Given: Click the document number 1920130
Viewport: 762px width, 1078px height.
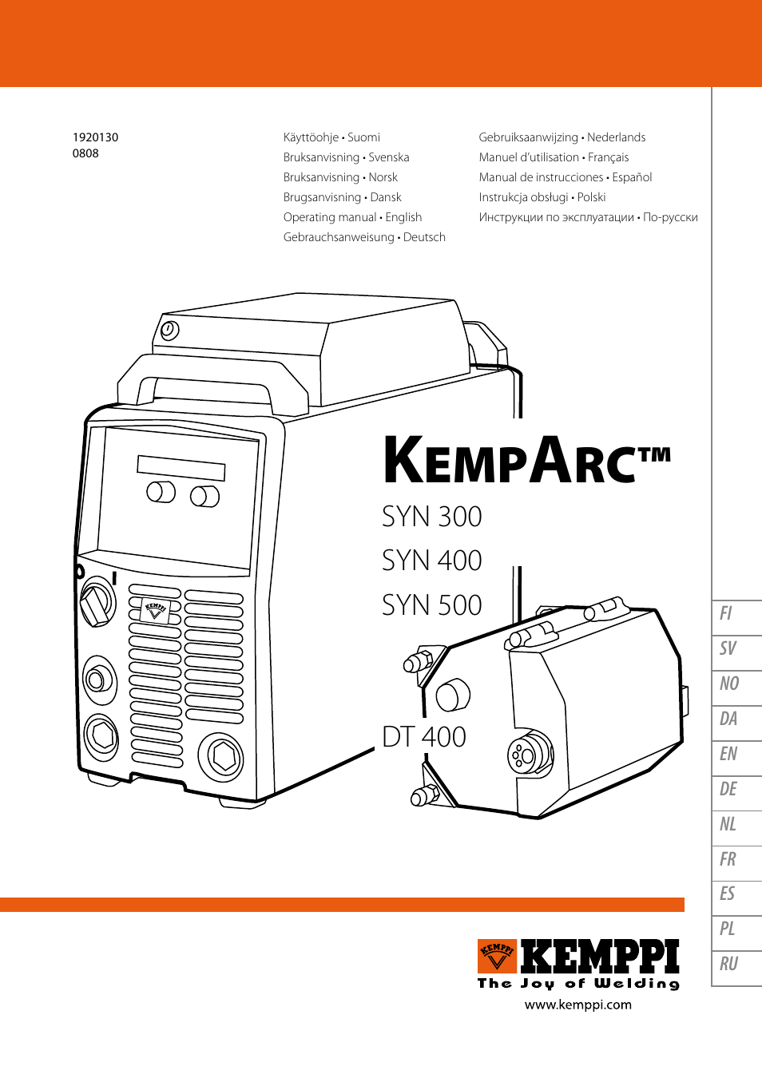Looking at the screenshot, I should click(x=95, y=137).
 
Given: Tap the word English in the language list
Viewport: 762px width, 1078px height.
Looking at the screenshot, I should click(x=403, y=217).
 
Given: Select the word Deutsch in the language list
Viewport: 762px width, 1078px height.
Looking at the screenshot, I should click(x=424, y=237).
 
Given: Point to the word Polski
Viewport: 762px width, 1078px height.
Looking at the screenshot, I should click(x=591, y=197).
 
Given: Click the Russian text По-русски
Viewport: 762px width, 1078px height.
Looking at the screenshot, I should click(x=670, y=217).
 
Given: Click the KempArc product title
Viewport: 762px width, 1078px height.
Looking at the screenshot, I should click(x=526, y=461).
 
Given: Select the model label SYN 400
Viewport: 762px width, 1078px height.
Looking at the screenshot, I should click(x=431, y=561).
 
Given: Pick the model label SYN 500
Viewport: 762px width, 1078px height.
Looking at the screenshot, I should click(x=431, y=605).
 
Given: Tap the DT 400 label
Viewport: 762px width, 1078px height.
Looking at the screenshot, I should click(x=423, y=736).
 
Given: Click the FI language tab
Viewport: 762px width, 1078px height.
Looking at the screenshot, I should click(x=727, y=613).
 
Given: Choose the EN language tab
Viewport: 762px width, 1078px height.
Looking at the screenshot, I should click(x=728, y=754).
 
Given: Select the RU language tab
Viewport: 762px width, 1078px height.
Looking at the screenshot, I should click(x=728, y=964).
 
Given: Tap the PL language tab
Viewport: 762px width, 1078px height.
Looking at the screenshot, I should click(x=728, y=929).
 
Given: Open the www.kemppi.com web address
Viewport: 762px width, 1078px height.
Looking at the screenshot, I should click(x=577, y=1005).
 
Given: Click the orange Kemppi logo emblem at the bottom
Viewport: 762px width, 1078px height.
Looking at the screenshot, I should click(x=497, y=957).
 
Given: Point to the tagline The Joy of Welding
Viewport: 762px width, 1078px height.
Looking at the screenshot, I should click(x=578, y=984).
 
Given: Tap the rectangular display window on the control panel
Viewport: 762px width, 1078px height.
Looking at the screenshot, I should click(x=181, y=468).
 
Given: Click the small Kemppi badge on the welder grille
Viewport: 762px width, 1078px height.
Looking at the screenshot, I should click(x=155, y=611).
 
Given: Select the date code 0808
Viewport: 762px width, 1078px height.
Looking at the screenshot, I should click(x=85, y=153).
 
